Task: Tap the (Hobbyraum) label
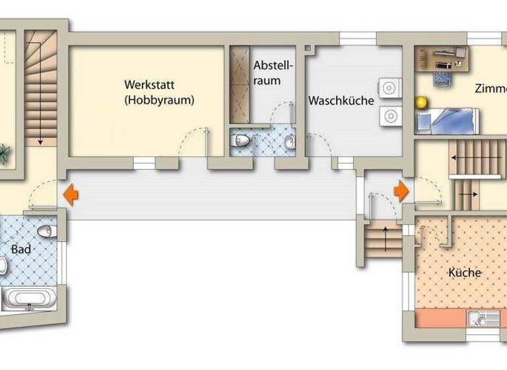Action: click(x=162, y=100)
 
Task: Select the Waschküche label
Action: click(x=341, y=101)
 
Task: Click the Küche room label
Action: click(x=465, y=272)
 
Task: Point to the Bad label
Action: click(x=21, y=250)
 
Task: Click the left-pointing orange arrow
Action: click(x=70, y=195)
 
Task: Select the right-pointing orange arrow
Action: click(x=401, y=190)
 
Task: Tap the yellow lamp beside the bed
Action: click(x=420, y=102)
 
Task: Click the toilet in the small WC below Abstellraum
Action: click(x=242, y=139)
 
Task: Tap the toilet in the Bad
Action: click(x=45, y=231)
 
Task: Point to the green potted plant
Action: click(x=4, y=155)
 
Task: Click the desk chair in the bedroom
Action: click(x=440, y=79)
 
